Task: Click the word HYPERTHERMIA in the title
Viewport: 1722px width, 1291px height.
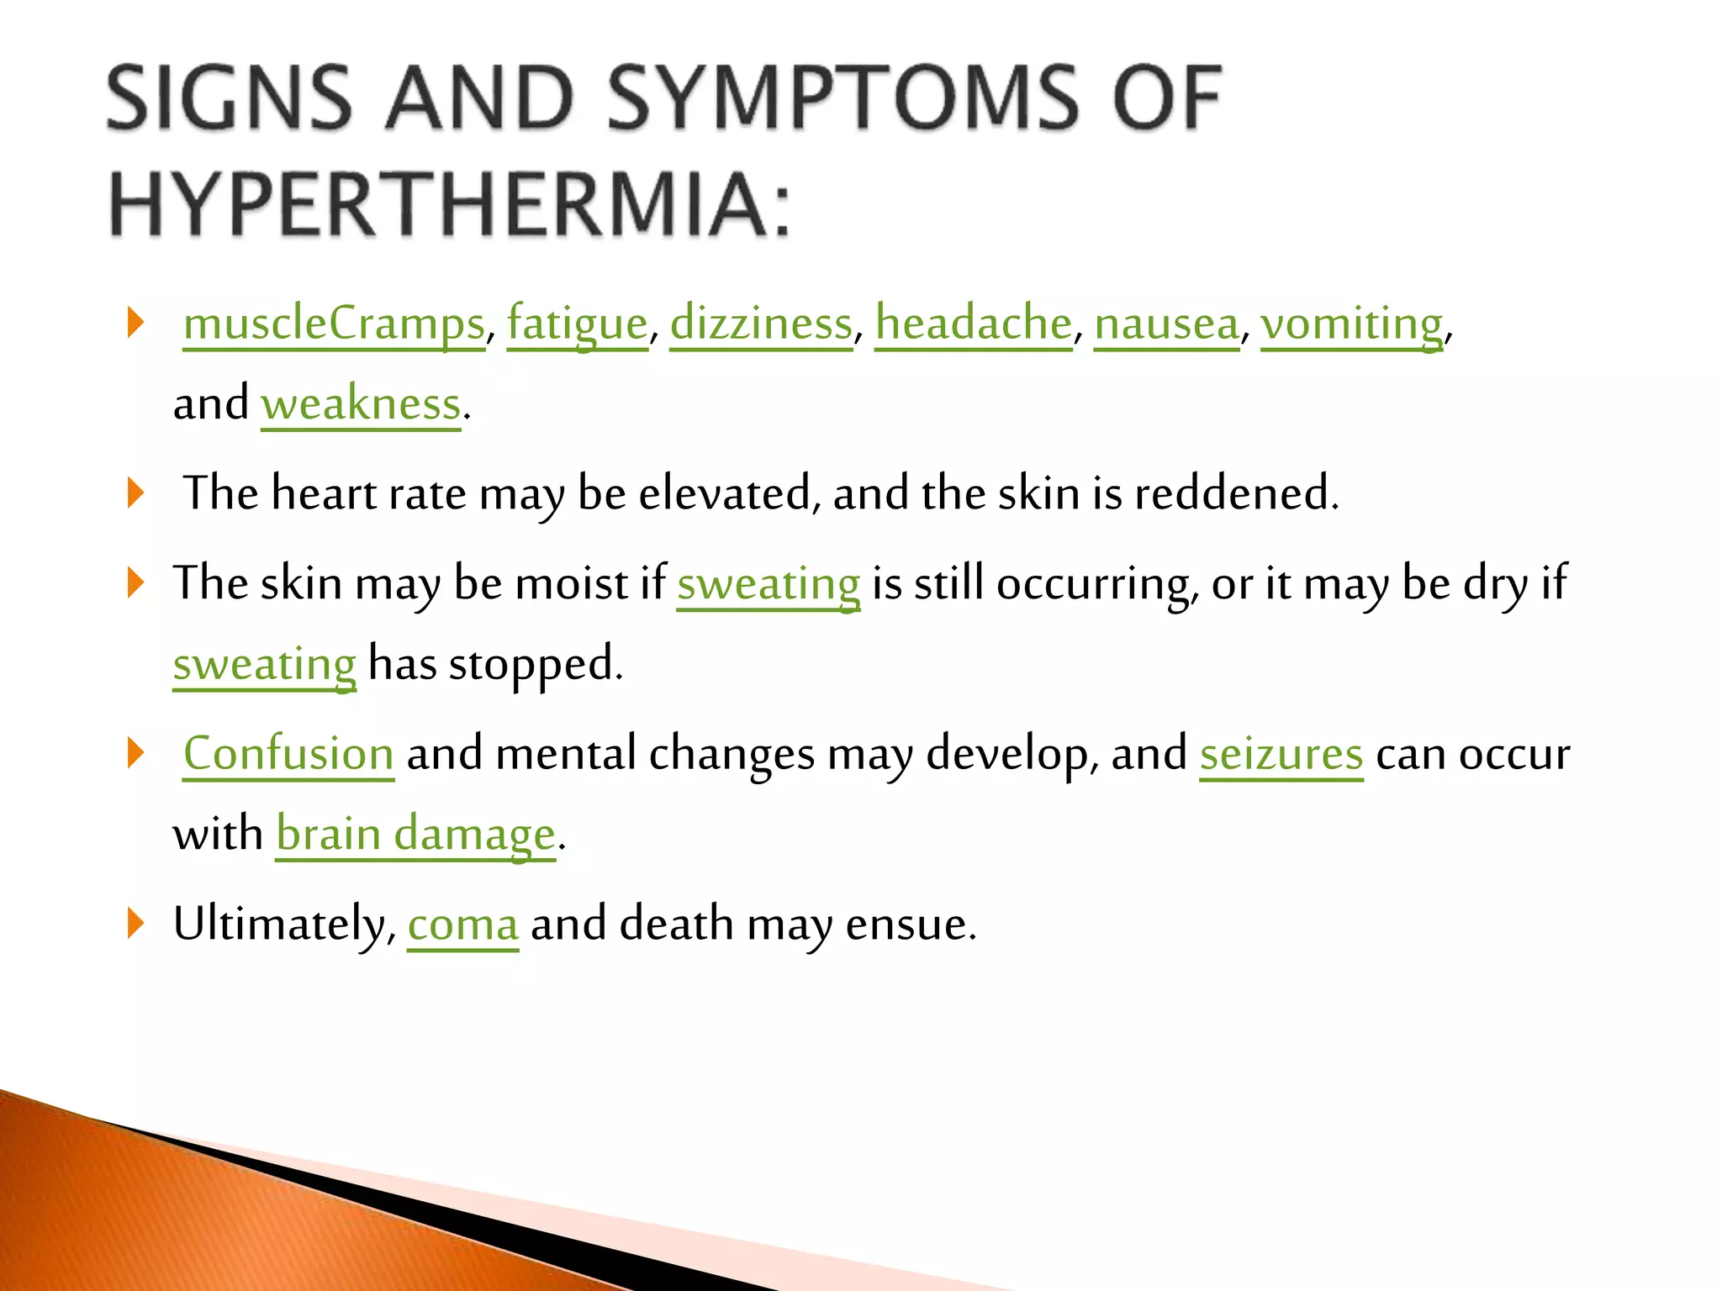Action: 450,204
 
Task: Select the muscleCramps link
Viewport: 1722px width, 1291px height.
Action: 334,324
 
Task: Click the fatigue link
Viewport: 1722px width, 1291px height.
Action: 577,324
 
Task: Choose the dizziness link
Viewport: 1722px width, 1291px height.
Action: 761,324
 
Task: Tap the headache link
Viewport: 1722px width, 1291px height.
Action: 973,324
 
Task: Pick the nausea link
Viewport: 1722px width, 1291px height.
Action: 1166,324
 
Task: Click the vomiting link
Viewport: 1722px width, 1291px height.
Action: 1351,324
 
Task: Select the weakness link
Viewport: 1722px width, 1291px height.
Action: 361,404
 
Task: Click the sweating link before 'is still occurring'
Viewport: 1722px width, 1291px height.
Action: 769,583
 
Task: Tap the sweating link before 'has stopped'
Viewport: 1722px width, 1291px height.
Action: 264,664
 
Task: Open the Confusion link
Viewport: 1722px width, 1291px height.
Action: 288,753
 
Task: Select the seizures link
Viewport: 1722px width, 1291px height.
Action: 1281,753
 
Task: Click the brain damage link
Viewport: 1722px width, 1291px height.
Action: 415,834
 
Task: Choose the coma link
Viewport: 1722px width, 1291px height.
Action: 462,925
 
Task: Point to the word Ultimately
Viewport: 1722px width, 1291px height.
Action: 283,925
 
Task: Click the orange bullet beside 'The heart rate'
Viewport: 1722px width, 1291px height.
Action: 136,493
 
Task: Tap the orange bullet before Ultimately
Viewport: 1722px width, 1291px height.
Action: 136,923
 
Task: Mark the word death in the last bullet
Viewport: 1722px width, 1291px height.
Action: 676,925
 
